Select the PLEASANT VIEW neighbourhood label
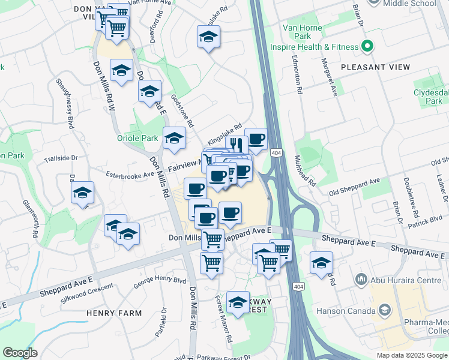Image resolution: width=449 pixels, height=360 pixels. click(375, 67)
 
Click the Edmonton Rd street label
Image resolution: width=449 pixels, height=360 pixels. click(298, 73)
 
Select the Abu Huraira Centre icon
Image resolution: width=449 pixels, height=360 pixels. click(361, 278)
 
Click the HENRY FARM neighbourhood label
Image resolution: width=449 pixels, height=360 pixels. click(113, 313)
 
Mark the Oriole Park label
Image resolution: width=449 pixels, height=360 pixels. click(137, 138)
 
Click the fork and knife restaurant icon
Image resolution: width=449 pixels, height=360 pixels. click(237, 145)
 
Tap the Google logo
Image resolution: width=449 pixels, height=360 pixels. click(20, 353)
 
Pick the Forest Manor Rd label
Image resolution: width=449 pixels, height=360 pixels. click(223, 322)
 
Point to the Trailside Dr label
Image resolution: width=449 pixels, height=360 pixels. click(61, 158)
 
